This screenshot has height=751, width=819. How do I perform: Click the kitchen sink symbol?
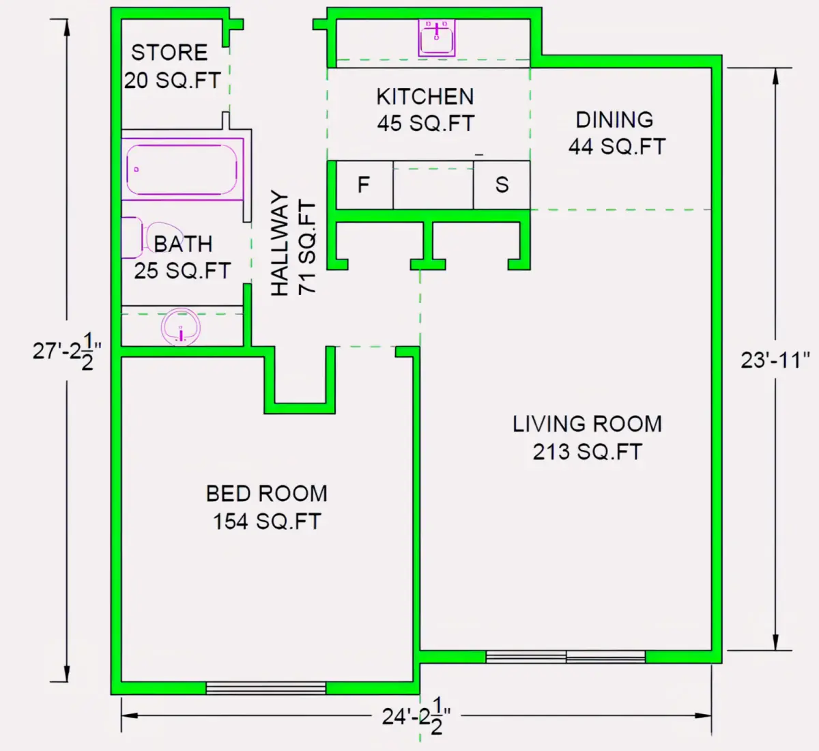436,38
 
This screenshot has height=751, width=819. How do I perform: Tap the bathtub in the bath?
182,169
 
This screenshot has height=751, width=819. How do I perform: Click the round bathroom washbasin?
180,326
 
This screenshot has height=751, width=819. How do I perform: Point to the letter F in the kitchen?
364,185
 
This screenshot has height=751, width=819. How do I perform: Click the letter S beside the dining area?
502,185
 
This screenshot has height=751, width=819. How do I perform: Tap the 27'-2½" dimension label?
67,352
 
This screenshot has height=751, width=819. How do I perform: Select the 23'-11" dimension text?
775,360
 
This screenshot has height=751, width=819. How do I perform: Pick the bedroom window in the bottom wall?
265,688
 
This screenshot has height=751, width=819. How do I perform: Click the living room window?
566,657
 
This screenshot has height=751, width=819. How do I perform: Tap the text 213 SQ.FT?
587,452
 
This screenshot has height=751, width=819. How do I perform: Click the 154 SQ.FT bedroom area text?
267,522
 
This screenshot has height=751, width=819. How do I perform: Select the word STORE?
169,53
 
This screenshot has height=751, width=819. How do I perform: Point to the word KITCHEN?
425,97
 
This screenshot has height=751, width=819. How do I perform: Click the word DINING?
614,120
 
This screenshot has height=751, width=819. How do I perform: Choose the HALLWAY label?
280,243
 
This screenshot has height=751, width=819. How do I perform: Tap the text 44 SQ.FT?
617,147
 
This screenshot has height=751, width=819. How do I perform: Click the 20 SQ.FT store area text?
172,81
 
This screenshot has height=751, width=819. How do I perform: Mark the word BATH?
183,244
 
